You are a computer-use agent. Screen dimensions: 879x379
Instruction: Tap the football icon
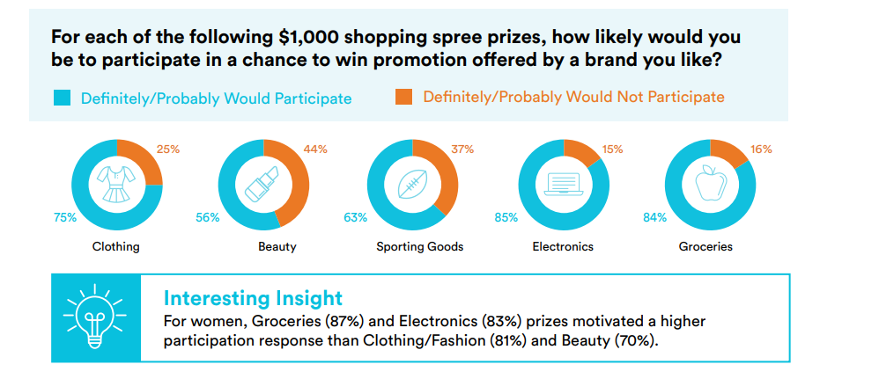tap(413, 184)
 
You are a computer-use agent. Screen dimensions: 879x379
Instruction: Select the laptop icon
tap(564, 185)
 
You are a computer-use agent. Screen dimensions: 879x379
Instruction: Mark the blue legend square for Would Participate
tap(62, 98)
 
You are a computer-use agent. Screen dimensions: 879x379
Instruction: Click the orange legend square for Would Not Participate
tap(403, 97)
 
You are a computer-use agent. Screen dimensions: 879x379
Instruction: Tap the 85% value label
tap(505, 218)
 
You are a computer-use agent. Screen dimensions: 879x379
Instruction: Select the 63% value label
tap(356, 218)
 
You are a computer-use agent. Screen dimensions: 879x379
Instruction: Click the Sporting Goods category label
tap(420, 246)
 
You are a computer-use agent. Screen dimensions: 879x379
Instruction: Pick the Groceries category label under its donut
tap(705, 246)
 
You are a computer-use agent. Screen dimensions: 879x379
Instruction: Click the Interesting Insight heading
tap(253, 298)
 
